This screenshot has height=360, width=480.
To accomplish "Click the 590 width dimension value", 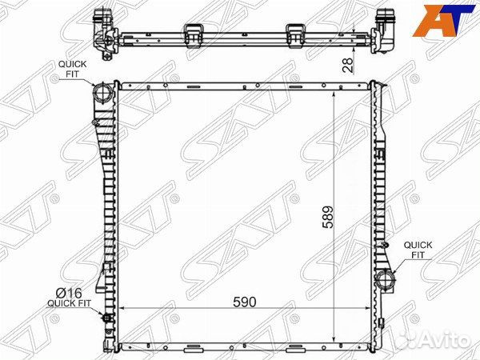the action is (x=244, y=302).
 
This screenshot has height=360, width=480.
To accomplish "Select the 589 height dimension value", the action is (x=327, y=217).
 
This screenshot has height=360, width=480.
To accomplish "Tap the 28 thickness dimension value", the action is (x=348, y=65).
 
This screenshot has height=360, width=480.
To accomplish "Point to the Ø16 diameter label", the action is (x=69, y=293).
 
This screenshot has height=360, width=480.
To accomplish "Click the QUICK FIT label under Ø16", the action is (x=69, y=303).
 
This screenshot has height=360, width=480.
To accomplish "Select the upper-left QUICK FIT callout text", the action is (x=73, y=69).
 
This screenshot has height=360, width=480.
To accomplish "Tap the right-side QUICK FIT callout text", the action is (x=418, y=250).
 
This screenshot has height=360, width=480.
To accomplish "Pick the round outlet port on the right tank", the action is (x=385, y=278).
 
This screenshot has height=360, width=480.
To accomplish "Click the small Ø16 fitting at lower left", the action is (x=107, y=318).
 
